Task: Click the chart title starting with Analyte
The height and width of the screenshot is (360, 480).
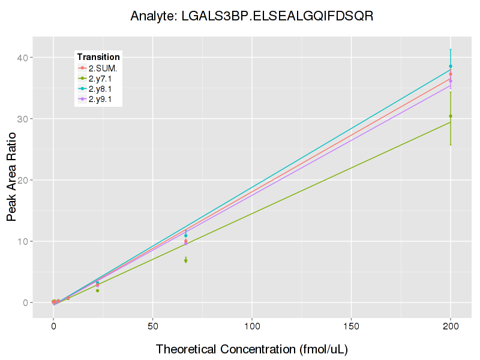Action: click(x=252, y=16)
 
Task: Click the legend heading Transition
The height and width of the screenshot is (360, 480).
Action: click(x=98, y=57)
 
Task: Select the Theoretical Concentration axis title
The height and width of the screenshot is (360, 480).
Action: click(x=252, y=349)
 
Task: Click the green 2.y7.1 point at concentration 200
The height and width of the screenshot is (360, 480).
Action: click(x=451, y=116)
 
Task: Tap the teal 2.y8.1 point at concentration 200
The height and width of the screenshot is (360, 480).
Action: click(x=451, y=66)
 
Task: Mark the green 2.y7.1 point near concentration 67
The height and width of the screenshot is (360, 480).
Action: click(x=186, y=260)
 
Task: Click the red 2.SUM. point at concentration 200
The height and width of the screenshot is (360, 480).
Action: click(x=451, y=74)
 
